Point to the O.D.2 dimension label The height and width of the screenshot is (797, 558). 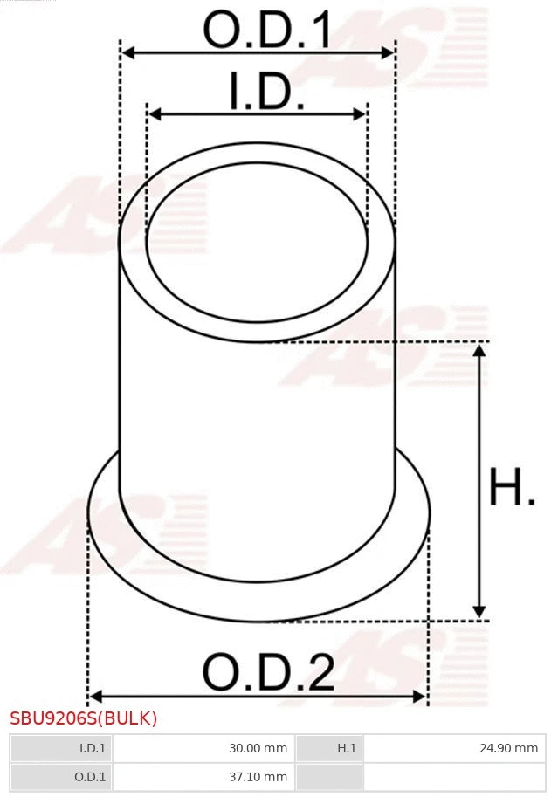click(x=269, y=673)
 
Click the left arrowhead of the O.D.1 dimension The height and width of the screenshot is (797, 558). click(x=127, y=53)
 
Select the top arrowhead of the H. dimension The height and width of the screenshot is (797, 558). click(x=479, y=350)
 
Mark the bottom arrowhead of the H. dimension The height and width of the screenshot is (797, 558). click(x=479, y=612)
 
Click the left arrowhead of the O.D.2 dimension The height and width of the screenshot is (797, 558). click(x=95, y=696)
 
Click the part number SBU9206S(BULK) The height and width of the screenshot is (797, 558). click(x=84, y=719)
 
